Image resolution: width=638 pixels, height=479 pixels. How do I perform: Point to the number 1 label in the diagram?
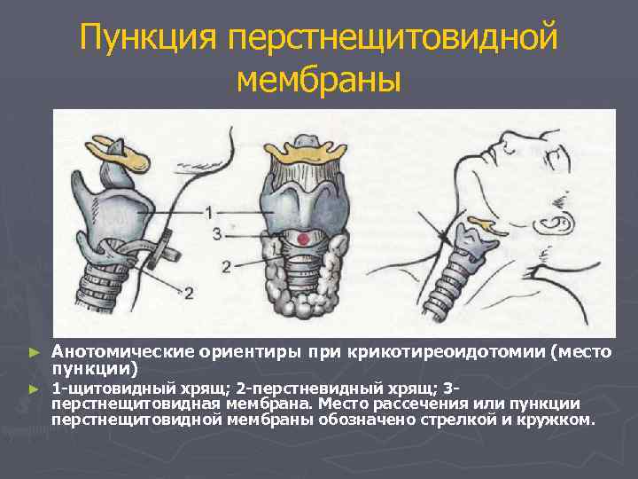coord(208,213)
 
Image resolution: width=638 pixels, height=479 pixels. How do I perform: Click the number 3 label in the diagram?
coord(217,234)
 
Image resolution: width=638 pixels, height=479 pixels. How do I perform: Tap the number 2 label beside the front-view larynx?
coord(227,265)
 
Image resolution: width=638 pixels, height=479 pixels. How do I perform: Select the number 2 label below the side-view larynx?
coord(188,292)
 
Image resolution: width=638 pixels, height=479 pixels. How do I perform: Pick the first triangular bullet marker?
coord(35,352)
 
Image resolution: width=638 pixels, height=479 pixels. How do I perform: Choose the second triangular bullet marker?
coord(35,389)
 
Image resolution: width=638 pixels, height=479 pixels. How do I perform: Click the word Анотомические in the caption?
coord(114,351)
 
